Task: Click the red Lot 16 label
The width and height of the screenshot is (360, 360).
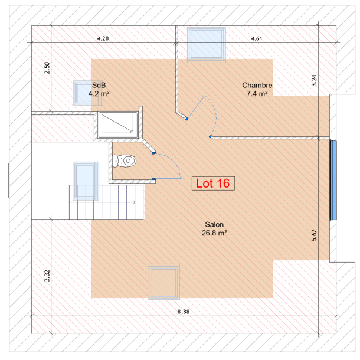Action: tap(214, 184)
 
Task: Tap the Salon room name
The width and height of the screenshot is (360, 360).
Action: tap(214, 225)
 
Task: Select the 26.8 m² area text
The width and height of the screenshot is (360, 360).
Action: tap(214, 233)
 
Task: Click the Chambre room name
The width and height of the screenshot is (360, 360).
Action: tap(257, 85)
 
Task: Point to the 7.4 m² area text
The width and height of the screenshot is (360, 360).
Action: tap(257, 93)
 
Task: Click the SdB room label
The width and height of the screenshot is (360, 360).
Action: tap(99, 85)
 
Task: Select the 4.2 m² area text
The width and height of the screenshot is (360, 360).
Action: tap(99, 93)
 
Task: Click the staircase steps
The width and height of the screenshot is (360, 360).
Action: tap(106, 202)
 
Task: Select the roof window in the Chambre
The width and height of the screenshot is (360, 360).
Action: tap(206, 44)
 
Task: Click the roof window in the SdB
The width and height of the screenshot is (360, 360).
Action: tap(85, 93)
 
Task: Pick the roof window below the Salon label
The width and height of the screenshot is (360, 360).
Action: tap(163, 283)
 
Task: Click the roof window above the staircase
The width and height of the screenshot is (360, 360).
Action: tap(84, 180)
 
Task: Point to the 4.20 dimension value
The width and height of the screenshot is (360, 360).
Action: tap(103, 38)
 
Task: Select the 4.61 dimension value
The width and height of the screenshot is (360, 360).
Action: tap(257, 38)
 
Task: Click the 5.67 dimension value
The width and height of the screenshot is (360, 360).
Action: tap(315, 235)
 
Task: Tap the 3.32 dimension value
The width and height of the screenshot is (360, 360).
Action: tap(47, 276)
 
